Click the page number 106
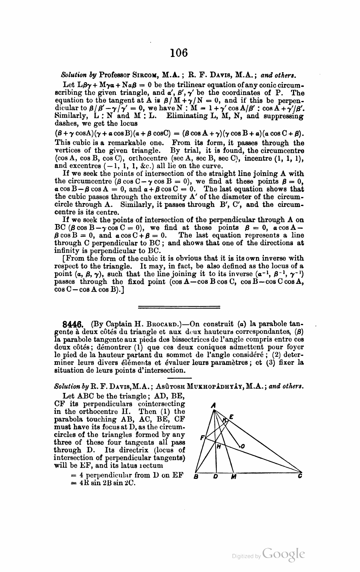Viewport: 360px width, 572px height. point(178,53)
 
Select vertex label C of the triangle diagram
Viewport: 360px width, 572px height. point(300,476)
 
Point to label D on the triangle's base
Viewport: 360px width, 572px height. point(215,477)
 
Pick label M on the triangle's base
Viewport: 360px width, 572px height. point(233,477)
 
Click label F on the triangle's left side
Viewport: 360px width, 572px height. point(202,437)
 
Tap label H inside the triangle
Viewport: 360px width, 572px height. point(218,447)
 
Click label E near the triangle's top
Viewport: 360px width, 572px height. point(231,417)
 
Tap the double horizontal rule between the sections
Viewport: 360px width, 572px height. point(179,306)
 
